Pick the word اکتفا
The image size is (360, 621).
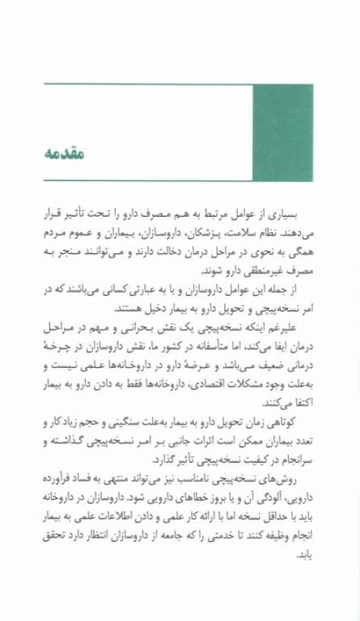click(x=299, y=401)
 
